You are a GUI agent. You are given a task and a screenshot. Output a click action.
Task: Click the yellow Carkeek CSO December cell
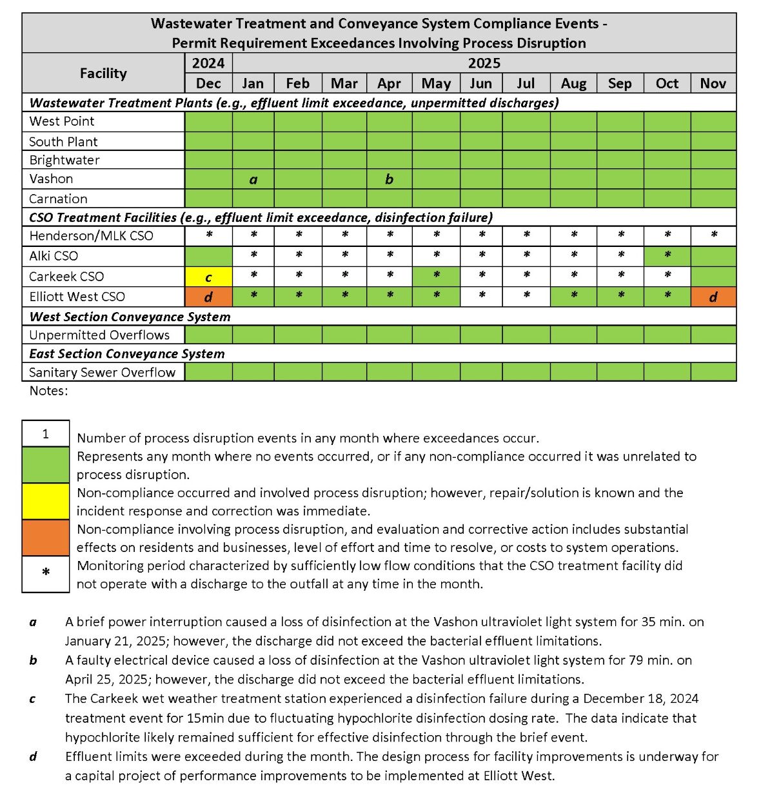pos(208,277)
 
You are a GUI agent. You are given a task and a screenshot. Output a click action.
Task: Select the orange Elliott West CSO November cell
pos(713,297)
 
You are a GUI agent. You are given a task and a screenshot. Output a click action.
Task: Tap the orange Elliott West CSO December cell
pos(208,297)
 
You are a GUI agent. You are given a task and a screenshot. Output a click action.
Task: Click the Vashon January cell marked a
pos(253,179)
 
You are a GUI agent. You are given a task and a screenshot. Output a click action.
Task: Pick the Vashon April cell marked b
pos(389,179)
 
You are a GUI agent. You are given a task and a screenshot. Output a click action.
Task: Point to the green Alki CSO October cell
pos(667,256)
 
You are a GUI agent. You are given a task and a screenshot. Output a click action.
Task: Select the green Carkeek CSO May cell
pos(436,277)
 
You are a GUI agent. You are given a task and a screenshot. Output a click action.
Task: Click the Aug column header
pos(573,83)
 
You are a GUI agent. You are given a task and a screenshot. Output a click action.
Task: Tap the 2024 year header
pos(208,63)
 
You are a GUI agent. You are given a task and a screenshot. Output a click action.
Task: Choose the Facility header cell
pos(103,73)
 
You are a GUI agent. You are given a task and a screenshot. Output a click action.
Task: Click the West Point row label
pos(62,121)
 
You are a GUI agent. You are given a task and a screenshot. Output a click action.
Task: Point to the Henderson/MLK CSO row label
pos(91,236)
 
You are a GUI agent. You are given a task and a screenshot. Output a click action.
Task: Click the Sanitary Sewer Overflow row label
pos(102,372)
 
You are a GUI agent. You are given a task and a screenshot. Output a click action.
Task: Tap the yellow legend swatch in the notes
pos(46,501)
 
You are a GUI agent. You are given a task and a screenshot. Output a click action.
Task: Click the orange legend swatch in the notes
pos(46,538)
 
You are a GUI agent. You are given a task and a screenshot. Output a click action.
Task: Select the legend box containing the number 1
pos(46,434)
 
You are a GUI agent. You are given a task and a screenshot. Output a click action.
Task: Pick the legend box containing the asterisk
pos(46,574)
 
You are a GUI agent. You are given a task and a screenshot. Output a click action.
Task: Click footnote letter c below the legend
pos(32,698)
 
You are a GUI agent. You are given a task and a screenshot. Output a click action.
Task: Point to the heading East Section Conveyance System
pos(127,353)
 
